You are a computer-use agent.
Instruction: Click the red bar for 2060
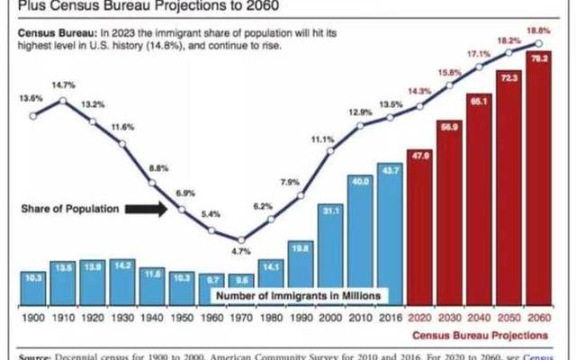point(538,180)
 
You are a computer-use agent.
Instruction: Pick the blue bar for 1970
point(241,287)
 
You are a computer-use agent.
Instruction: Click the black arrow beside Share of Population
point(143,209)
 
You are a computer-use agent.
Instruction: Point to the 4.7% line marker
point(240,238)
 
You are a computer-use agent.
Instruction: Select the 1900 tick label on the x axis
point(34,318)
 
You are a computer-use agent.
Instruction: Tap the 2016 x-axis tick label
point(390,318)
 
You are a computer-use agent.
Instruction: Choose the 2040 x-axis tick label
point(479,318)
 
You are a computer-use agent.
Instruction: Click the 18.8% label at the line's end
point(538,30)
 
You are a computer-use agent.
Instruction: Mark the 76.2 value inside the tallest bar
point(538,59)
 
